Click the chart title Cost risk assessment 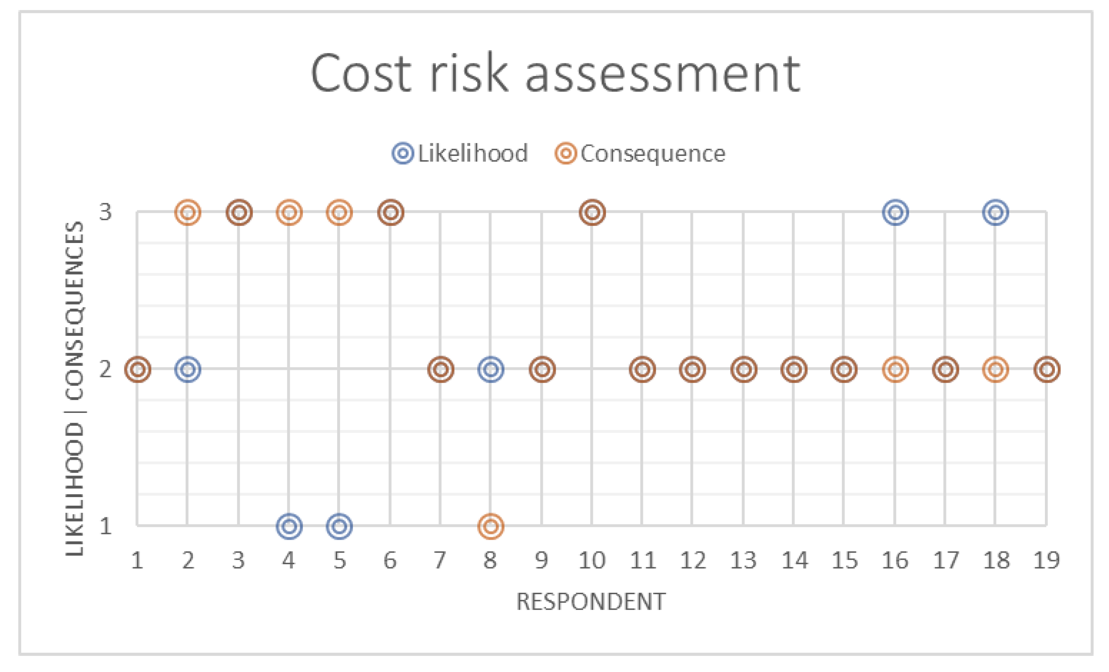click(x=555, y=73)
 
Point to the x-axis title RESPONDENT click(x=591, y=602)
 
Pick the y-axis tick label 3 click(x=105, y=211)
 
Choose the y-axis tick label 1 click(x=105, y=526)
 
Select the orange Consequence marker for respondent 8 click(x=491, y=526)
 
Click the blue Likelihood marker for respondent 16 click(x=895, y=212)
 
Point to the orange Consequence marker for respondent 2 click(x=188, y=212)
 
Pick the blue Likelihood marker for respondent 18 click(x=995, y=212)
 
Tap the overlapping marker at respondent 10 click(x=592, y=212)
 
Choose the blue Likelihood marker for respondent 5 click(x=339, y=526)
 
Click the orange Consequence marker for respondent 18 click(x=995, y=370)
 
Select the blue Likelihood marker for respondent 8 click(x=491, y=370)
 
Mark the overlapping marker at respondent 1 click(x=138, y=370)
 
